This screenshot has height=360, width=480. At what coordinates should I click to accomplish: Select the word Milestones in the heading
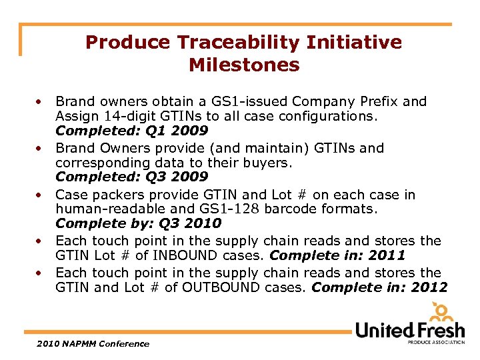click(244, 65)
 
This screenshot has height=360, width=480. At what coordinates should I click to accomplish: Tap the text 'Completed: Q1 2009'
click(131, 131)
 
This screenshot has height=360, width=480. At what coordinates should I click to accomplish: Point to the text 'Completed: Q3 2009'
click(131, 177)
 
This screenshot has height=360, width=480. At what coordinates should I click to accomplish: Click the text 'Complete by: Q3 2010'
click(138, 223)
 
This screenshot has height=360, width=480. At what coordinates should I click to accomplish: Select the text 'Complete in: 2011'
click(337, 255)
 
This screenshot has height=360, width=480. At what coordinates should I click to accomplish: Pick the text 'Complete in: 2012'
click(379, 287)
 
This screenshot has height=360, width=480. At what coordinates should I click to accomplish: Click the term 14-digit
click(125, 116)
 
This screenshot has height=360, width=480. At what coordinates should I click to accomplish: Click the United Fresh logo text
click(409, 329)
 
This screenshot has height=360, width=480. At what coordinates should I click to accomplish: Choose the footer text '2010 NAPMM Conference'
click(93, 343)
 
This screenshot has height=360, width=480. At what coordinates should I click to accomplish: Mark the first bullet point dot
click(41, 102)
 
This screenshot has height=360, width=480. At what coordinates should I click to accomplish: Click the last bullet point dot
click(41, 273)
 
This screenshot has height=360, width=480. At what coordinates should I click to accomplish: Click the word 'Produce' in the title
click(127, 43)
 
